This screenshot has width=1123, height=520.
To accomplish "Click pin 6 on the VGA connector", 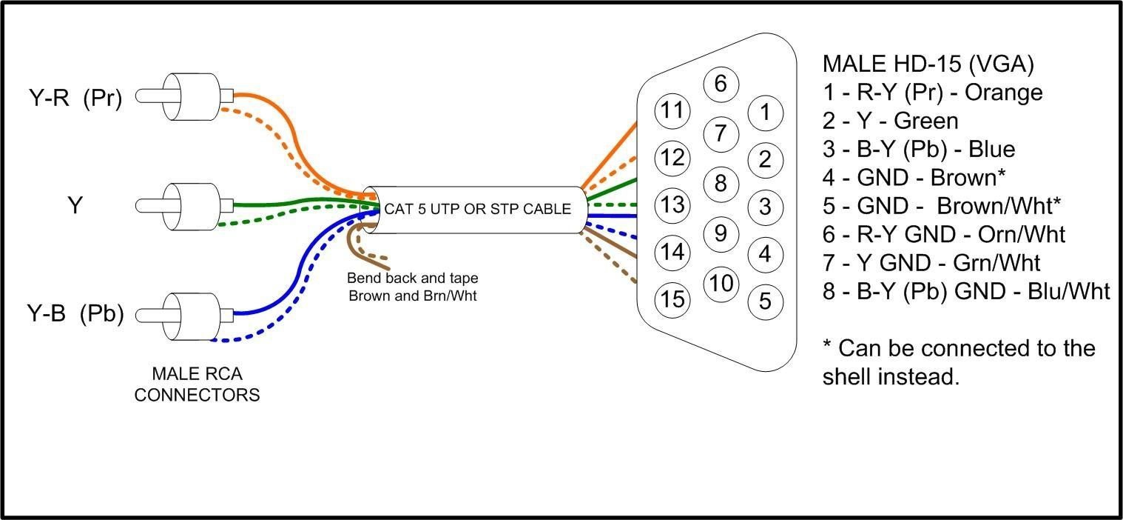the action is pyautogui.click(x=721, y=84).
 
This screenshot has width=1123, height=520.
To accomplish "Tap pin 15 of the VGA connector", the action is pyautogui.click(x=672, y=300).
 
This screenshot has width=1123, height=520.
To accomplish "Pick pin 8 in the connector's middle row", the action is pyautogui.click(x=721, y=184).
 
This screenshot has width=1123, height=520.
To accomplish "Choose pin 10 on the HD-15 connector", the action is pyautogui.click(x=721, y=284).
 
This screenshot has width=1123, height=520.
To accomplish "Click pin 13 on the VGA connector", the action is pyautogui.click(x=672, y=205).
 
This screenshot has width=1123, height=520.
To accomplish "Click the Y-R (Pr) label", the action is pyautogui.click(x=75, y=97).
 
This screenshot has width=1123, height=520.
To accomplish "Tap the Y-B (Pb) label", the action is pyautogui.click(x=75, y=314).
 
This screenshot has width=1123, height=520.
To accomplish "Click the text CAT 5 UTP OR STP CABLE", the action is pyautogui.click(x=477, y=209).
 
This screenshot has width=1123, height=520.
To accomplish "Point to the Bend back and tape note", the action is pyautogui.click(x=413, y=287).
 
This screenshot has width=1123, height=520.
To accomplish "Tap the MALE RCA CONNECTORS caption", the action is pyautogui.click(x=197, y=384).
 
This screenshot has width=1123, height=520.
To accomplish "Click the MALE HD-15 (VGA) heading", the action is pyautogui.click(x=928, y=64).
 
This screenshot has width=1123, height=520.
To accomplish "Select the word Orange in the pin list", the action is pyautogui.click(x=1004, y=93).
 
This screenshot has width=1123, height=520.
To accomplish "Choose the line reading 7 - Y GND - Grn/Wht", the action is pyautogui.click(x=931, y=262).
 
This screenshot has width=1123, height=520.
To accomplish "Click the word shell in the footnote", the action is pyautogui.click(x=847, y=376).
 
